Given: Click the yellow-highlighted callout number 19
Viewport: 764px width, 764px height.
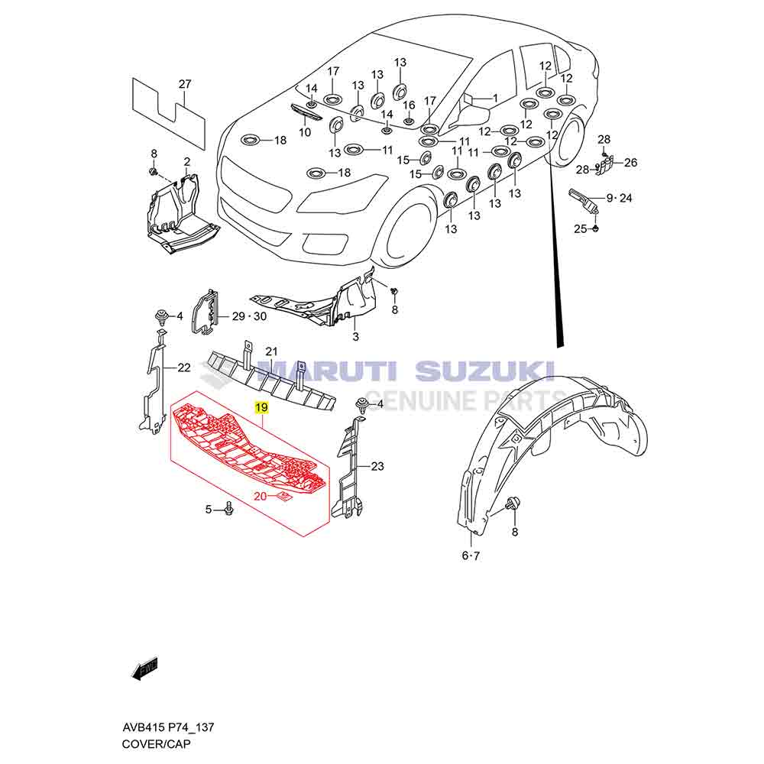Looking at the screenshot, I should [x=261, y=409].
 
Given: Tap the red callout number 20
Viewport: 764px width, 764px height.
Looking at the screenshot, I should [x=260, y=497].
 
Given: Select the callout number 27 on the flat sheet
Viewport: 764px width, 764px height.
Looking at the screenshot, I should [x=184, y=84].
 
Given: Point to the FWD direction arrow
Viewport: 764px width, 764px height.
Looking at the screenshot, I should [x=144, y=669].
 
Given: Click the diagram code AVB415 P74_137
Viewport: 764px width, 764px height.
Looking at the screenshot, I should [x=168, y=728].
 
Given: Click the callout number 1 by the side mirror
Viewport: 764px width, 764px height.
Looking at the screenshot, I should [x=494, y=98].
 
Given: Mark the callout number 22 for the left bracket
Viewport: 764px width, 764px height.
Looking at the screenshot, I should [x=183, y=367].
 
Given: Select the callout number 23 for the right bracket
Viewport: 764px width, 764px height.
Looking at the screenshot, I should [x=377, y=465].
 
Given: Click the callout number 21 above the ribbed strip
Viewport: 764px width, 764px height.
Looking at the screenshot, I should [x=270, y=351].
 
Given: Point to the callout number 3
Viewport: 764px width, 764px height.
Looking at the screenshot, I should [x=355, y=336].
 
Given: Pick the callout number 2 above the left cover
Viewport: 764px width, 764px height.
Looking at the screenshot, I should [x=186, y=161].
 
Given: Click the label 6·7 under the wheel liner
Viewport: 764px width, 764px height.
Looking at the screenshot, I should [x=471, y=555].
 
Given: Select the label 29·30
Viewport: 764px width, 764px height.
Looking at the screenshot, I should [x=250, y=316].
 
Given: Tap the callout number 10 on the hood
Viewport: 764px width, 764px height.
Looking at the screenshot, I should [x=305, y=132].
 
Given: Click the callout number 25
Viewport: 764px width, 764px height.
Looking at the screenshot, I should [x=580, y=228].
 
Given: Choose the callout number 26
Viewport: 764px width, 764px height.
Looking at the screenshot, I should [x=630, y=162].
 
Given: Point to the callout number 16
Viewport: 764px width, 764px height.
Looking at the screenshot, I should [x=409, y=105].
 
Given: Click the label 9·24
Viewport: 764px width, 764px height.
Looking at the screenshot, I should [x=620, y=198].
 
